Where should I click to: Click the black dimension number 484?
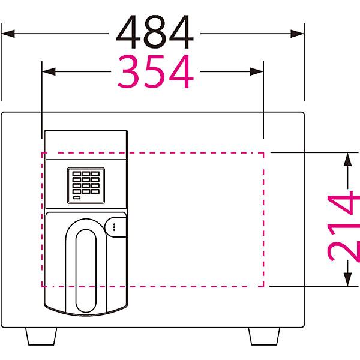point(155,32)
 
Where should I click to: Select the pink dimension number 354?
point(155,71)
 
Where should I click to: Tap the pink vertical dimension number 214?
point(343,228)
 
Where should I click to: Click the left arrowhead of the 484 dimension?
point(8,34)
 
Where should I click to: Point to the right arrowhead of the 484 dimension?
point(298,34)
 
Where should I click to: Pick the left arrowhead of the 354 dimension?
point(49,71)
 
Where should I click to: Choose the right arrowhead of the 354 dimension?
point(256,71)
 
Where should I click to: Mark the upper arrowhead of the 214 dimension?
point(348,160)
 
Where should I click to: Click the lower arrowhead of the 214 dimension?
point(348,280)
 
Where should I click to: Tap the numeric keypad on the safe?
point(86,185)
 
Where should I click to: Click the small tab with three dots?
point(116,227)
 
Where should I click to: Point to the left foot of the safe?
point(41,337)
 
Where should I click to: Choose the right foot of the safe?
point(264,337)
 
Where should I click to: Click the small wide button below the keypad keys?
point(77,197)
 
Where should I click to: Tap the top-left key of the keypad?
point(77,173)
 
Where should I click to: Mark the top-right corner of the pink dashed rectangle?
point(263,152)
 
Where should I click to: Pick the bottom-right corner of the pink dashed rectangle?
point(263,287)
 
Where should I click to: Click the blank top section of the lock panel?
point(86,145)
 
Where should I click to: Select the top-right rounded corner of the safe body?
point(302,113)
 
